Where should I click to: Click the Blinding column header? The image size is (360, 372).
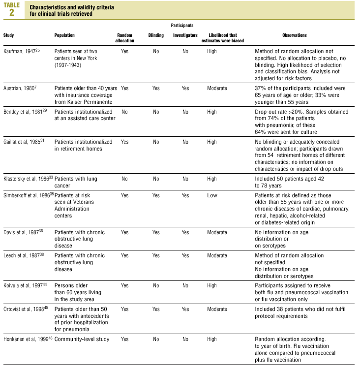[x=156, y=35]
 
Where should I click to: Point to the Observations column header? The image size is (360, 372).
[x=295, y=35]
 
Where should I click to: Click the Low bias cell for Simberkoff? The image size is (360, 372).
[x=212, y=195]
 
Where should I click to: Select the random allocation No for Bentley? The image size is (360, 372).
[x=124, y=113]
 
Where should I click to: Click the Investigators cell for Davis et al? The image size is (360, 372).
[x=185, y=232]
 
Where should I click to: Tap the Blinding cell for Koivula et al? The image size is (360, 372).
[x=156, y=285]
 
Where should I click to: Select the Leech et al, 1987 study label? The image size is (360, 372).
[x=24, y=256]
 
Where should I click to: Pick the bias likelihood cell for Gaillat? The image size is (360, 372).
[x=212, y=142]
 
